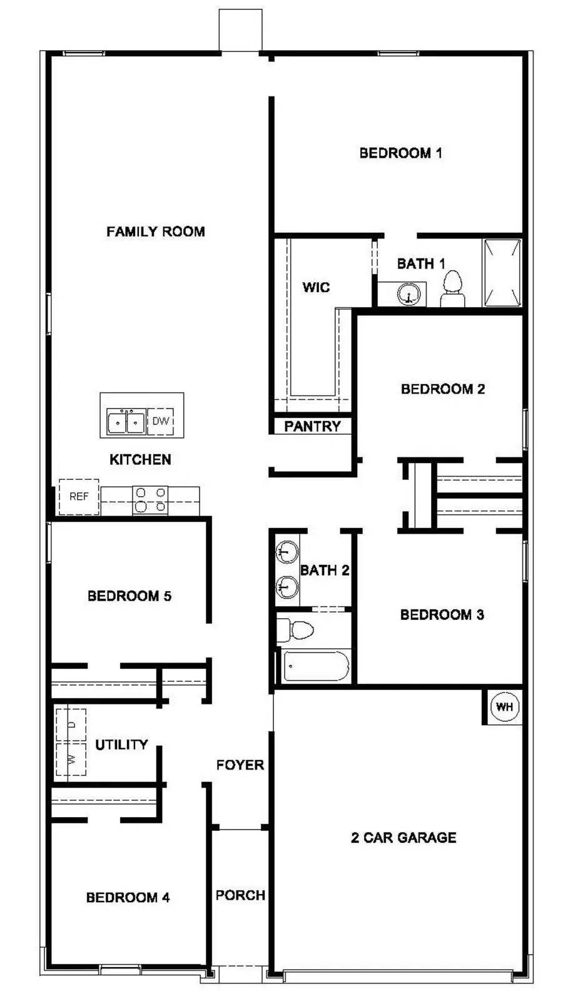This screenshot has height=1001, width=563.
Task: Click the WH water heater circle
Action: point(504,706)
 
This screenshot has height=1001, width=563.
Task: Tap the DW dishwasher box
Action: point(161,421)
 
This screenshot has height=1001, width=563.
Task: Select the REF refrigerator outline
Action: point(79,497)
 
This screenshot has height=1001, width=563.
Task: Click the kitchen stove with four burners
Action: point(151,500)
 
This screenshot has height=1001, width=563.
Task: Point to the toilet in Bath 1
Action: point(452,290)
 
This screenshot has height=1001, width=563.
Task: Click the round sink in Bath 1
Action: point(408,293)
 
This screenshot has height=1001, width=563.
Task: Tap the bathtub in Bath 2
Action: point(316,666)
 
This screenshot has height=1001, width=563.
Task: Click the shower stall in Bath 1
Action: point(502,273)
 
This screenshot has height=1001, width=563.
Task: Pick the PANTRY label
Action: point(312,427)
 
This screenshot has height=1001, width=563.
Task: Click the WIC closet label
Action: point(316,287)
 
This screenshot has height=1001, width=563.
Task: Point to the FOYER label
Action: point(240,765)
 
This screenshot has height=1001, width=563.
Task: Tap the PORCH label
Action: point(240,895)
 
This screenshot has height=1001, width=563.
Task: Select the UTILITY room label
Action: point(121,744)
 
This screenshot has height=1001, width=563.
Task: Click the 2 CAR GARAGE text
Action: point(403,838)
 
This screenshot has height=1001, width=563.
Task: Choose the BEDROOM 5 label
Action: point(129,596)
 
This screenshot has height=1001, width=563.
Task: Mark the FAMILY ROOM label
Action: point(156,231)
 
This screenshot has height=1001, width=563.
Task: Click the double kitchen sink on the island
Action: point(126,422)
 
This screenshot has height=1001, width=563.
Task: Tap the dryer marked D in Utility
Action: point(71,724)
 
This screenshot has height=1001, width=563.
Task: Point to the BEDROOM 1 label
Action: point(400,153)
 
